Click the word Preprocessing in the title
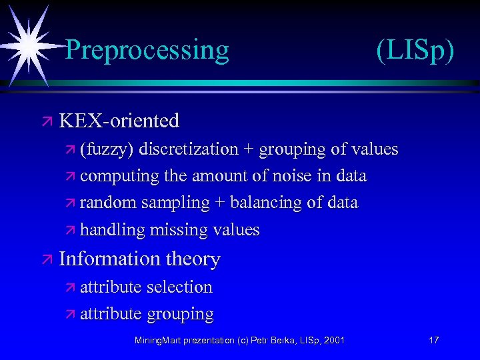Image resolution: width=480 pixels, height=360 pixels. click(x=147, y=50)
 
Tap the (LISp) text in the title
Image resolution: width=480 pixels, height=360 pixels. click(x=415, y=50)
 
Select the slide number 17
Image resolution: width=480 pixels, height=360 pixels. click(x=433, y=341)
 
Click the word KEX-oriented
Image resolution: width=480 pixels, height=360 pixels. click(x=119, y=121)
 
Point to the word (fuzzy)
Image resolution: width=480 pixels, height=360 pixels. click(x=105, y=149)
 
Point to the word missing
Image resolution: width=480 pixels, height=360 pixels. click(x=178, y=230)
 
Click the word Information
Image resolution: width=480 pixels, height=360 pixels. click(x=109, y=259)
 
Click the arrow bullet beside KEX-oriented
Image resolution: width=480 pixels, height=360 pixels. click(x=47, y=121)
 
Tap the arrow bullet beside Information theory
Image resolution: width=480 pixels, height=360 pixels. click(x=47, y=259)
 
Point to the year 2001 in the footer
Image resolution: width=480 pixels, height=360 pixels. click(x=333, y=341)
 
